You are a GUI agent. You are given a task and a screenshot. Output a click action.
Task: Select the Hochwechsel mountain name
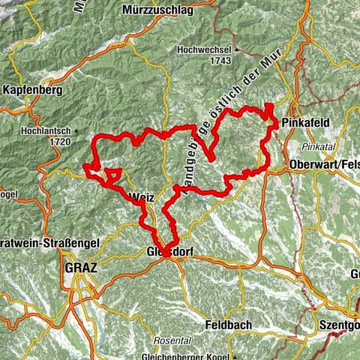[205, 49]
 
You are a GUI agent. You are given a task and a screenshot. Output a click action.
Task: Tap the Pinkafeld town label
[304, 122]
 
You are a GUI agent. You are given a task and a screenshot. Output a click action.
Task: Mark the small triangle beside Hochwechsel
[237, 50]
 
